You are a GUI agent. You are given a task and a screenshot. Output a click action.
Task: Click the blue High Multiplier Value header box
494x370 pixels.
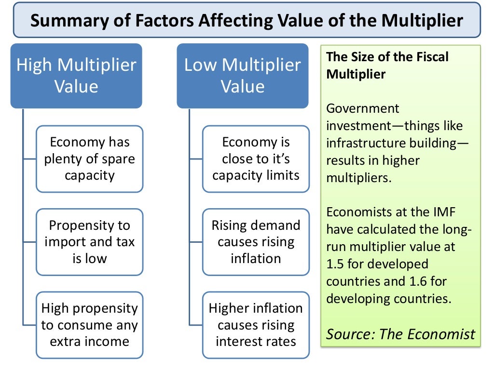[76, 76]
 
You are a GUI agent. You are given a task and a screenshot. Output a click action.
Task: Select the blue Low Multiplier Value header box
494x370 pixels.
[243, 76]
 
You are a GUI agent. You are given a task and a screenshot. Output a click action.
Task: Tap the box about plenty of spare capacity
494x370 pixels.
[90, 159]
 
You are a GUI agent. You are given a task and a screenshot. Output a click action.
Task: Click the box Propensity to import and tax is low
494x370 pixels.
[90, 241]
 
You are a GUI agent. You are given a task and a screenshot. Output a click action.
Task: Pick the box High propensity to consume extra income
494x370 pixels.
[90, 325]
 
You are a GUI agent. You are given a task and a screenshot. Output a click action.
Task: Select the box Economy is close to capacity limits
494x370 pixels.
[256, 159]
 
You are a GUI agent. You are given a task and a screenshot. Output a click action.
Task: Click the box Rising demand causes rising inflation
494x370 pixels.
[256, 241]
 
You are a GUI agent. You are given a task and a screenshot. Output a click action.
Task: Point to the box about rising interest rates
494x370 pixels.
[256, 325]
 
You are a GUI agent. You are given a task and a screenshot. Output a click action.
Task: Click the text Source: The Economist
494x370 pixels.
[400, 333]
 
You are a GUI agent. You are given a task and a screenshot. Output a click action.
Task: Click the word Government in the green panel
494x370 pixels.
[356, 109]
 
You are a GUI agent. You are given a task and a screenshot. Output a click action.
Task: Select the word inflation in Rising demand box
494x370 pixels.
[256, 258]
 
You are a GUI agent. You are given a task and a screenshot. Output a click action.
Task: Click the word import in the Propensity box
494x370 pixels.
[63, 242]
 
